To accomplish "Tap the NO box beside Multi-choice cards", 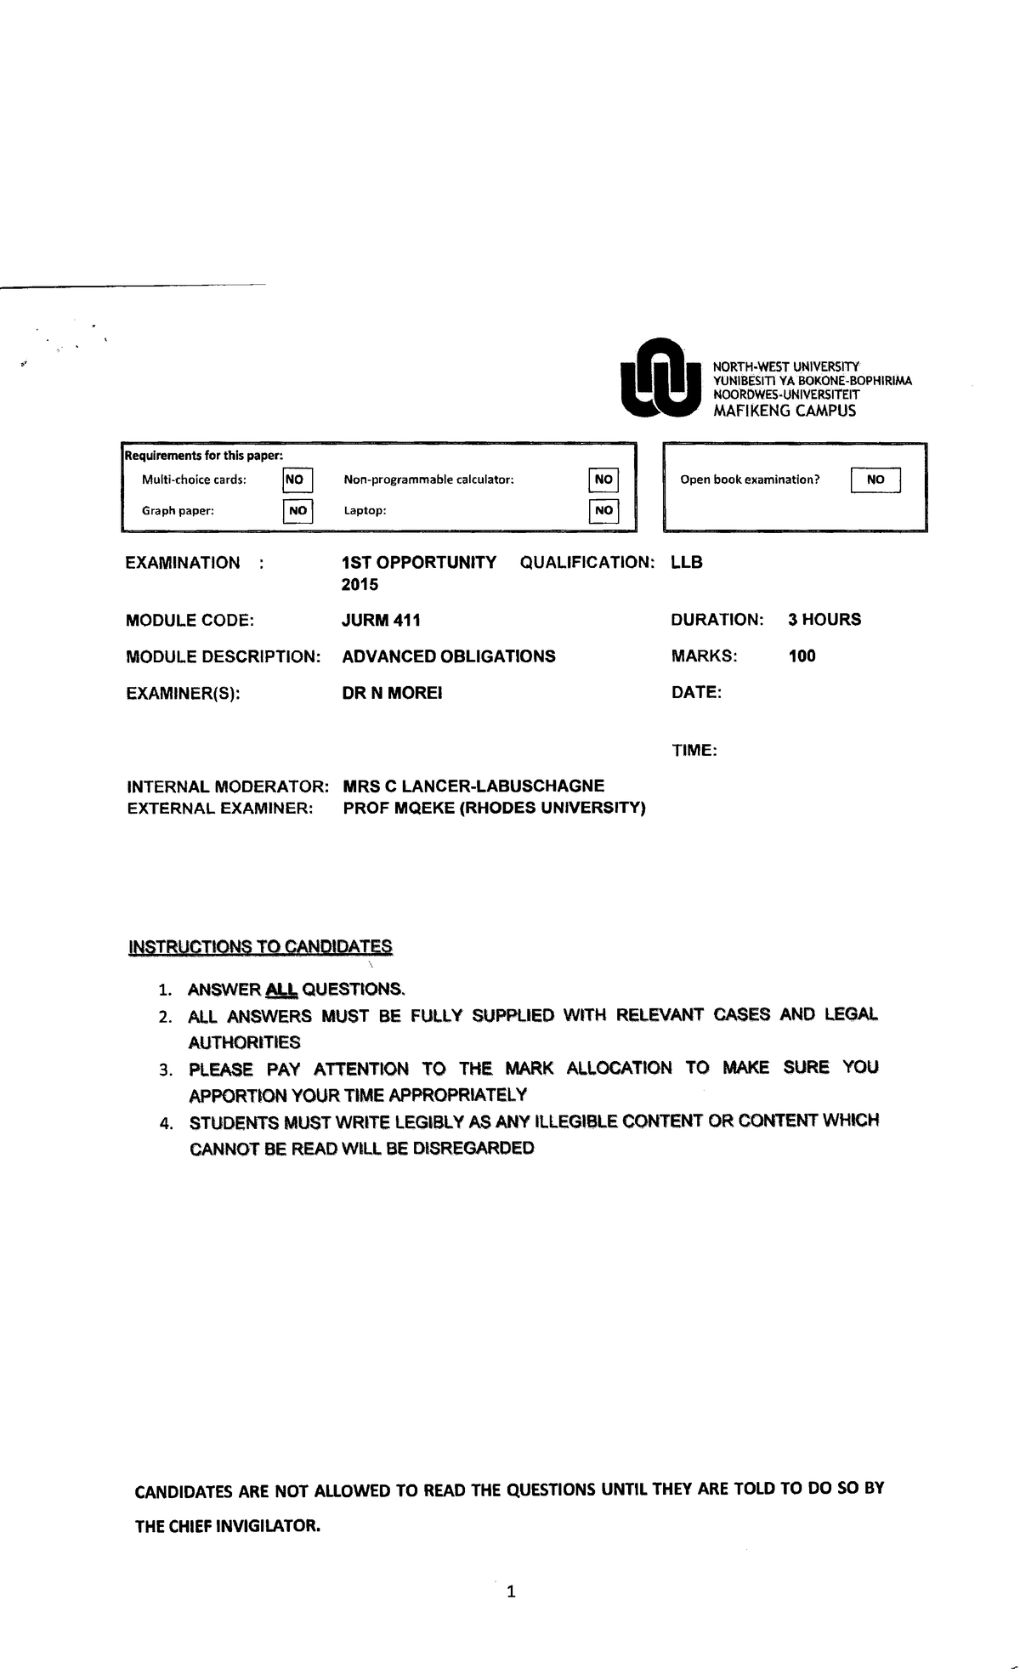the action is click(x=297, y=480).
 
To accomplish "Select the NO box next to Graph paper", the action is click(x=297, y=511).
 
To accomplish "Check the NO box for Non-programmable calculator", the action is click(x=603, y=480).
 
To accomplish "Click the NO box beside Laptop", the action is click(x=603, y=511).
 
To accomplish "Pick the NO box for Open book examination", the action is click(x=875, y=480).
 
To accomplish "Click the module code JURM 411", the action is click(x=381, y=621).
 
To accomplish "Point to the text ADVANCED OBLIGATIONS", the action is click(x=449, y=656).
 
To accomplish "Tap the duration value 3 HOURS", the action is click(x=824, y=620).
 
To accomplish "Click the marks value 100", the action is click(x=802, y=656).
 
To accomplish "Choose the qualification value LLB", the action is click(x=687, y=563).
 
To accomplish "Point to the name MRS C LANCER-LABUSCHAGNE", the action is click(x=473, y=786).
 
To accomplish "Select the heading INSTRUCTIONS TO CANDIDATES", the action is click(x=260, y=947).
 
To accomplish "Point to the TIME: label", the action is click(x=694, y=752).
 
